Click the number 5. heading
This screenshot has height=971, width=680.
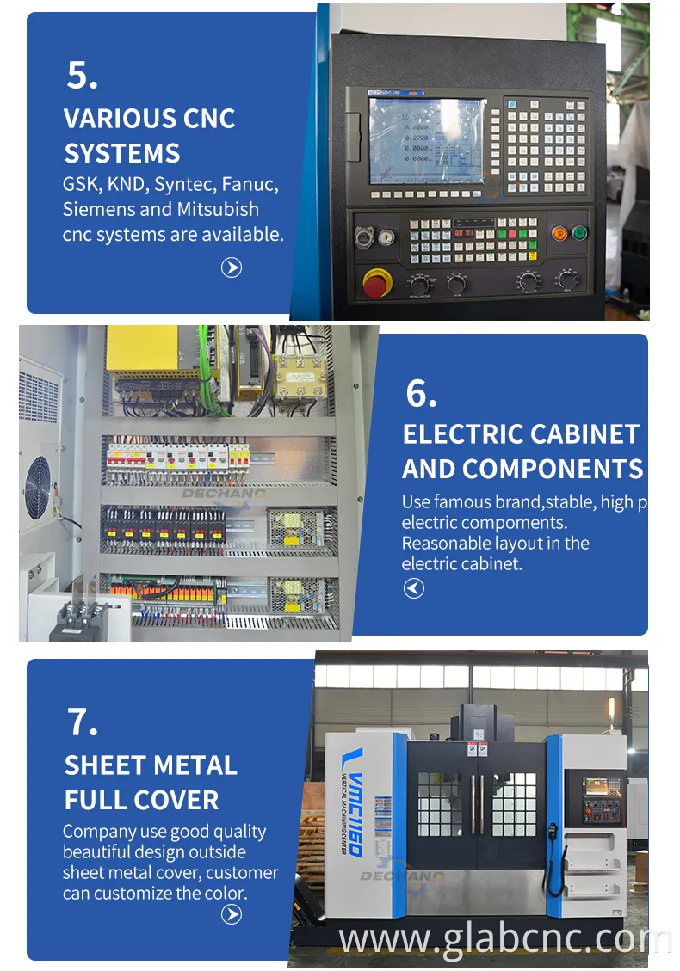point(82,76)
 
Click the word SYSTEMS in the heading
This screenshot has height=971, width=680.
point(121,153)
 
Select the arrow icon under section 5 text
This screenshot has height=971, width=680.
point(232,267)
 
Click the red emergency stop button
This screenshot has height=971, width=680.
point(375,283)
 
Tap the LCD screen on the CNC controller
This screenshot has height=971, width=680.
point(426,140)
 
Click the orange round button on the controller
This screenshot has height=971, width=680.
point(559,232)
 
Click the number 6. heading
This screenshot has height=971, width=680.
point(421,393)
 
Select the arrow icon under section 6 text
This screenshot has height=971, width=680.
point(414,588)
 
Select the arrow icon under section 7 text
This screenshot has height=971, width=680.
point(232,915)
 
